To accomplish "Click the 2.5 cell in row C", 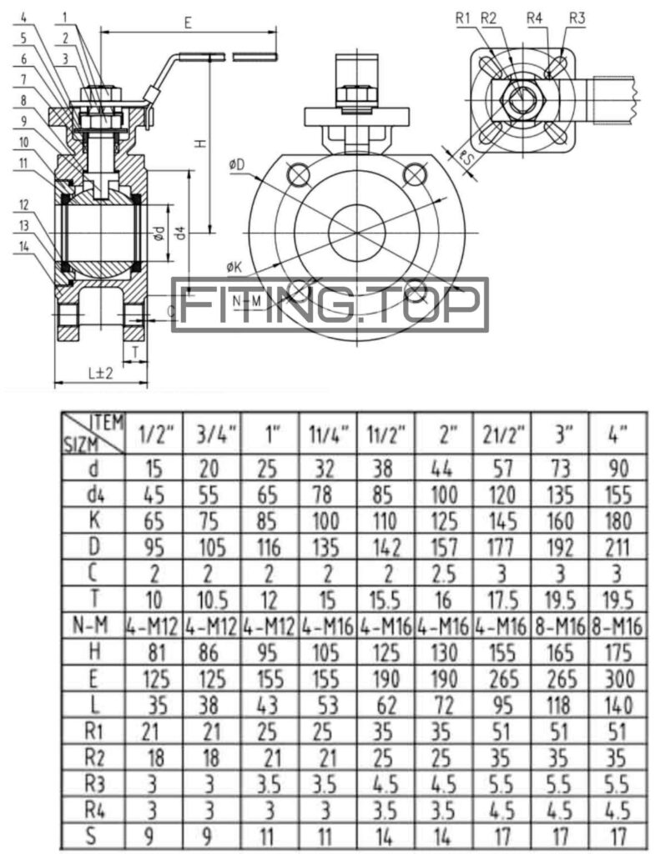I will (x=444, y=574).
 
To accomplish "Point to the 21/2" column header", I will (x=503, y=435).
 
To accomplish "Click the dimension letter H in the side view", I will (x=200, y=143).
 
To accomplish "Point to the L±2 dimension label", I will (x=101, y=373).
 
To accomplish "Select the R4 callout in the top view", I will (x=536, y=18).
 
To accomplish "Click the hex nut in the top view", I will (x=522, y=101).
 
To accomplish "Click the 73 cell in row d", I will (x=562, y=469).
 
